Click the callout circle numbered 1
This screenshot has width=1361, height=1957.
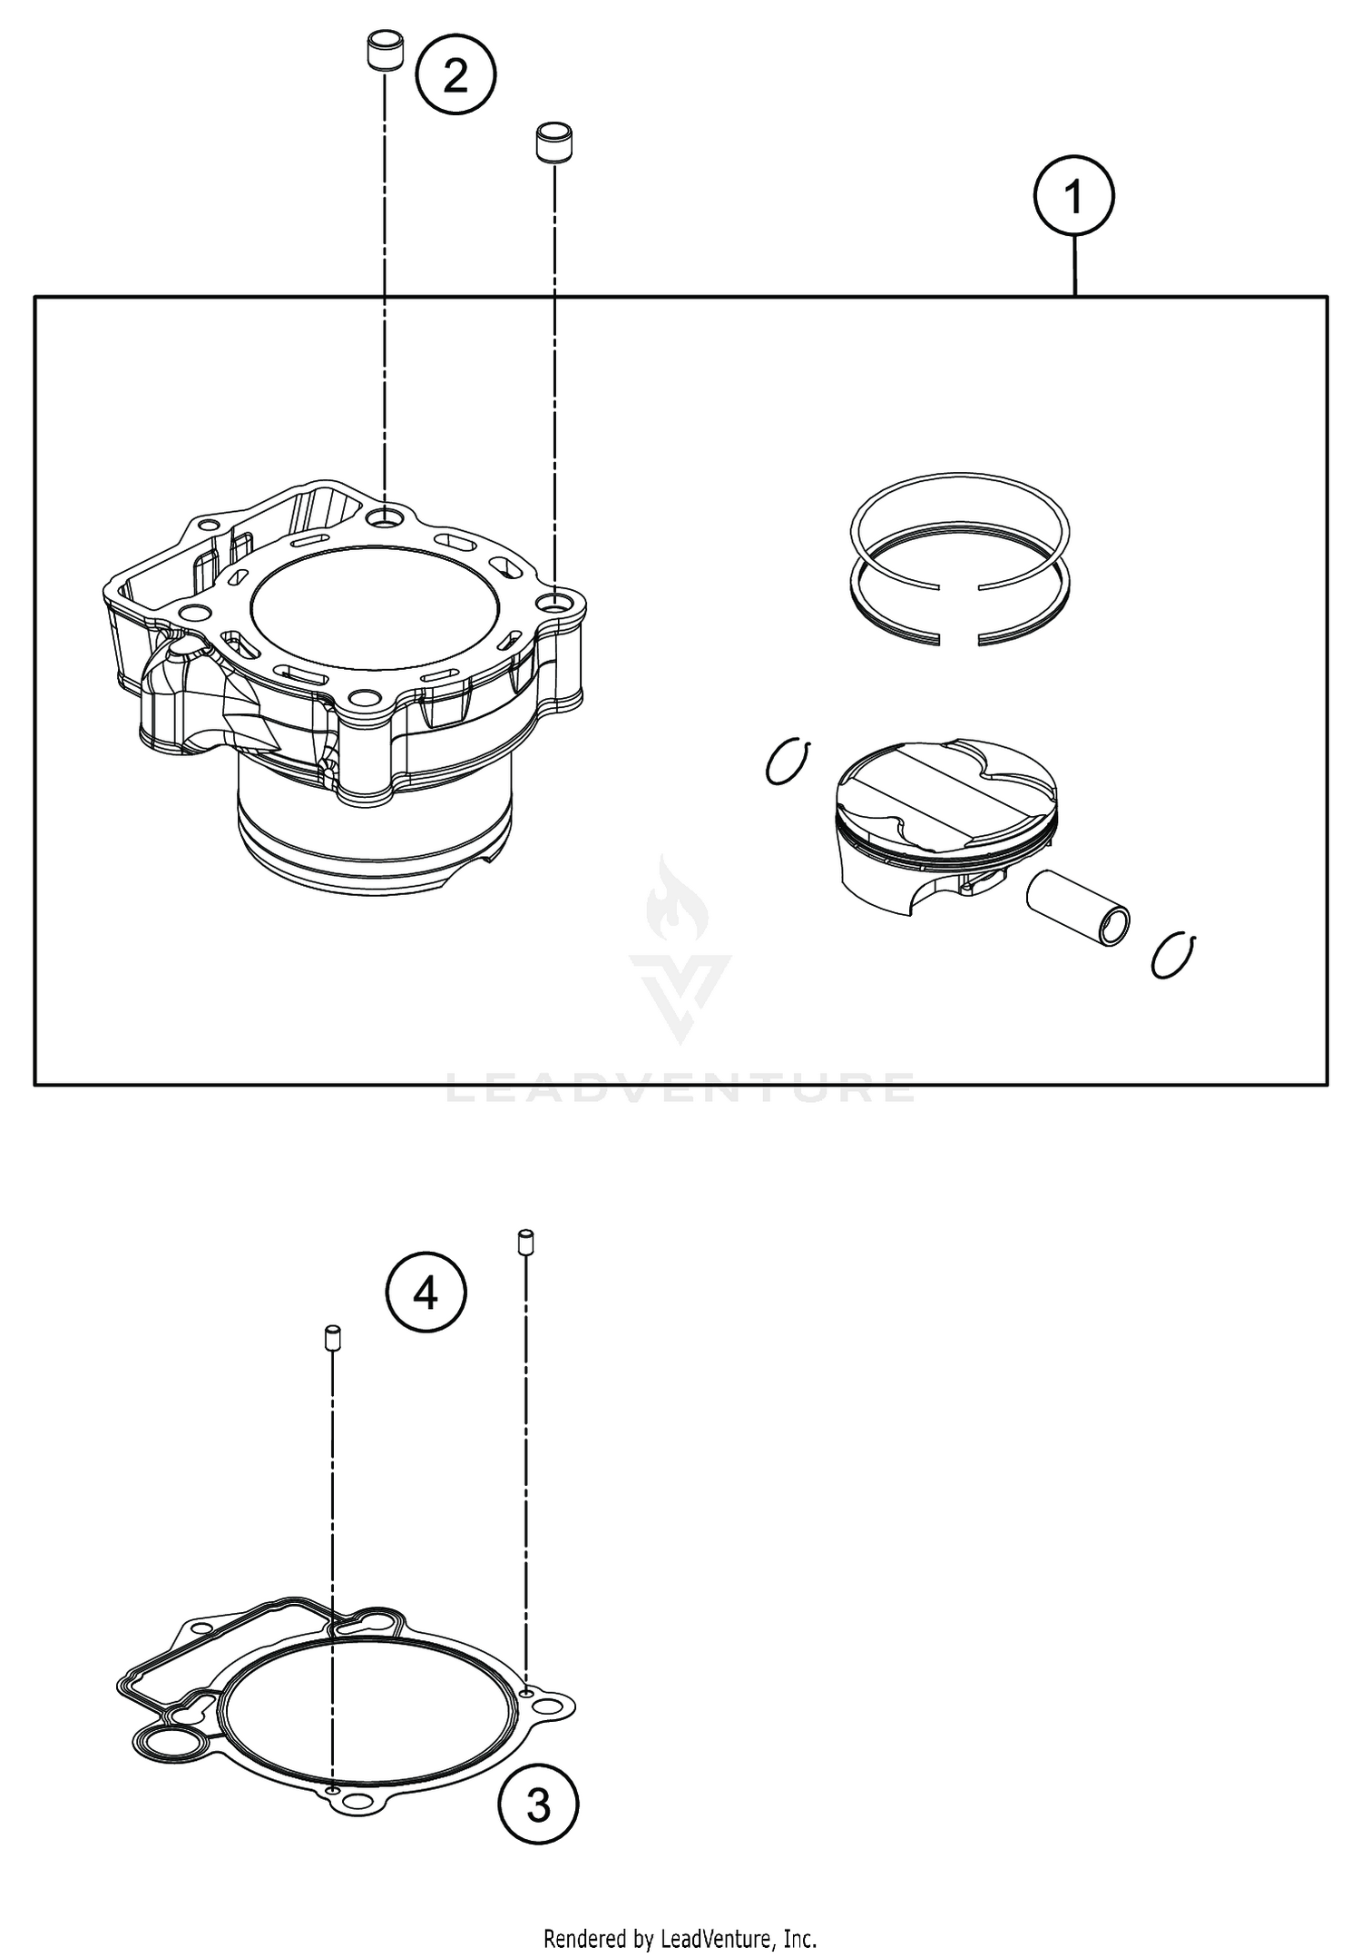(1074, 197)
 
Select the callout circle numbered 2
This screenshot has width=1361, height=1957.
(455, 75)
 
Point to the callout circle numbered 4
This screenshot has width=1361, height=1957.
(426, 1293)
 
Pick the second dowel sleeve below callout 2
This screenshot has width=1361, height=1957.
(553, 142)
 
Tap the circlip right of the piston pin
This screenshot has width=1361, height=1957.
(1175, 955)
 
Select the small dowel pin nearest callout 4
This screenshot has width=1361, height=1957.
(332, 1337)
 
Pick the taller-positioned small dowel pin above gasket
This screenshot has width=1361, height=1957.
(524, 1242)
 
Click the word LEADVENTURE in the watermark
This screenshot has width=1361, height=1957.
(680, 1087)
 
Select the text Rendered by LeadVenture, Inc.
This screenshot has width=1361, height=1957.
(680, 1940)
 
